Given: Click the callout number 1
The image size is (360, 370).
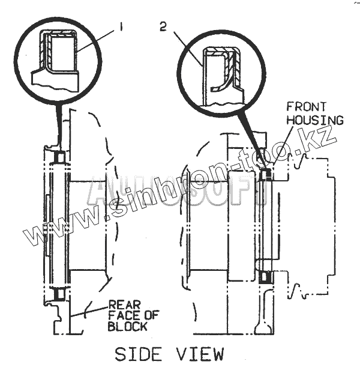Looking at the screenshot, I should click(x=122, y=26).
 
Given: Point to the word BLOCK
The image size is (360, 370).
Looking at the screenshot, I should click(x=127, y=327).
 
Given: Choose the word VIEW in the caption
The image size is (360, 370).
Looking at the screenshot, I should click(x=200, y=353).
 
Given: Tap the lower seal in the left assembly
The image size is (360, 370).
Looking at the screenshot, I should click(x=59, y=296).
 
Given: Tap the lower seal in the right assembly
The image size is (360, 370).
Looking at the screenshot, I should click(x=266, y=277).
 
